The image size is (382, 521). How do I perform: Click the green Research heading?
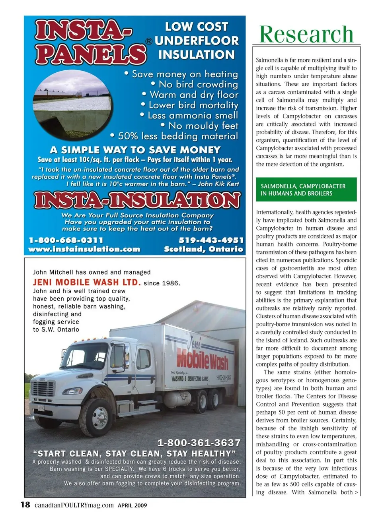click(306, 34)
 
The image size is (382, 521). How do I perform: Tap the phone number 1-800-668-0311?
click(66, 240)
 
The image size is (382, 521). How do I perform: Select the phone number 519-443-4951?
click(210, 240)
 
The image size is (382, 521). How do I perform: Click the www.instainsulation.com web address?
click(84, 250)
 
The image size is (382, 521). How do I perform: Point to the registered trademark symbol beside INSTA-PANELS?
click(148, 41)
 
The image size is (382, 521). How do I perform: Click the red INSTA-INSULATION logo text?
click(137, 200)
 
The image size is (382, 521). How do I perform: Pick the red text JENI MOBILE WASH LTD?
click(87, 283)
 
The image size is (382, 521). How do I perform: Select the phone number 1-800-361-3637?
click(199, 443)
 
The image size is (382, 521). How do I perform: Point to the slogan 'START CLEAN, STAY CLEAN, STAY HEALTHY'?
click(134, 453)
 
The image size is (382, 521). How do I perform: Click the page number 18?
click(25, 505)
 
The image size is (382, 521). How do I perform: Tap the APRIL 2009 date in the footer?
click(132, 506)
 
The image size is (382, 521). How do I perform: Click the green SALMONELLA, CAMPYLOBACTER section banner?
click(306, 190)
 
